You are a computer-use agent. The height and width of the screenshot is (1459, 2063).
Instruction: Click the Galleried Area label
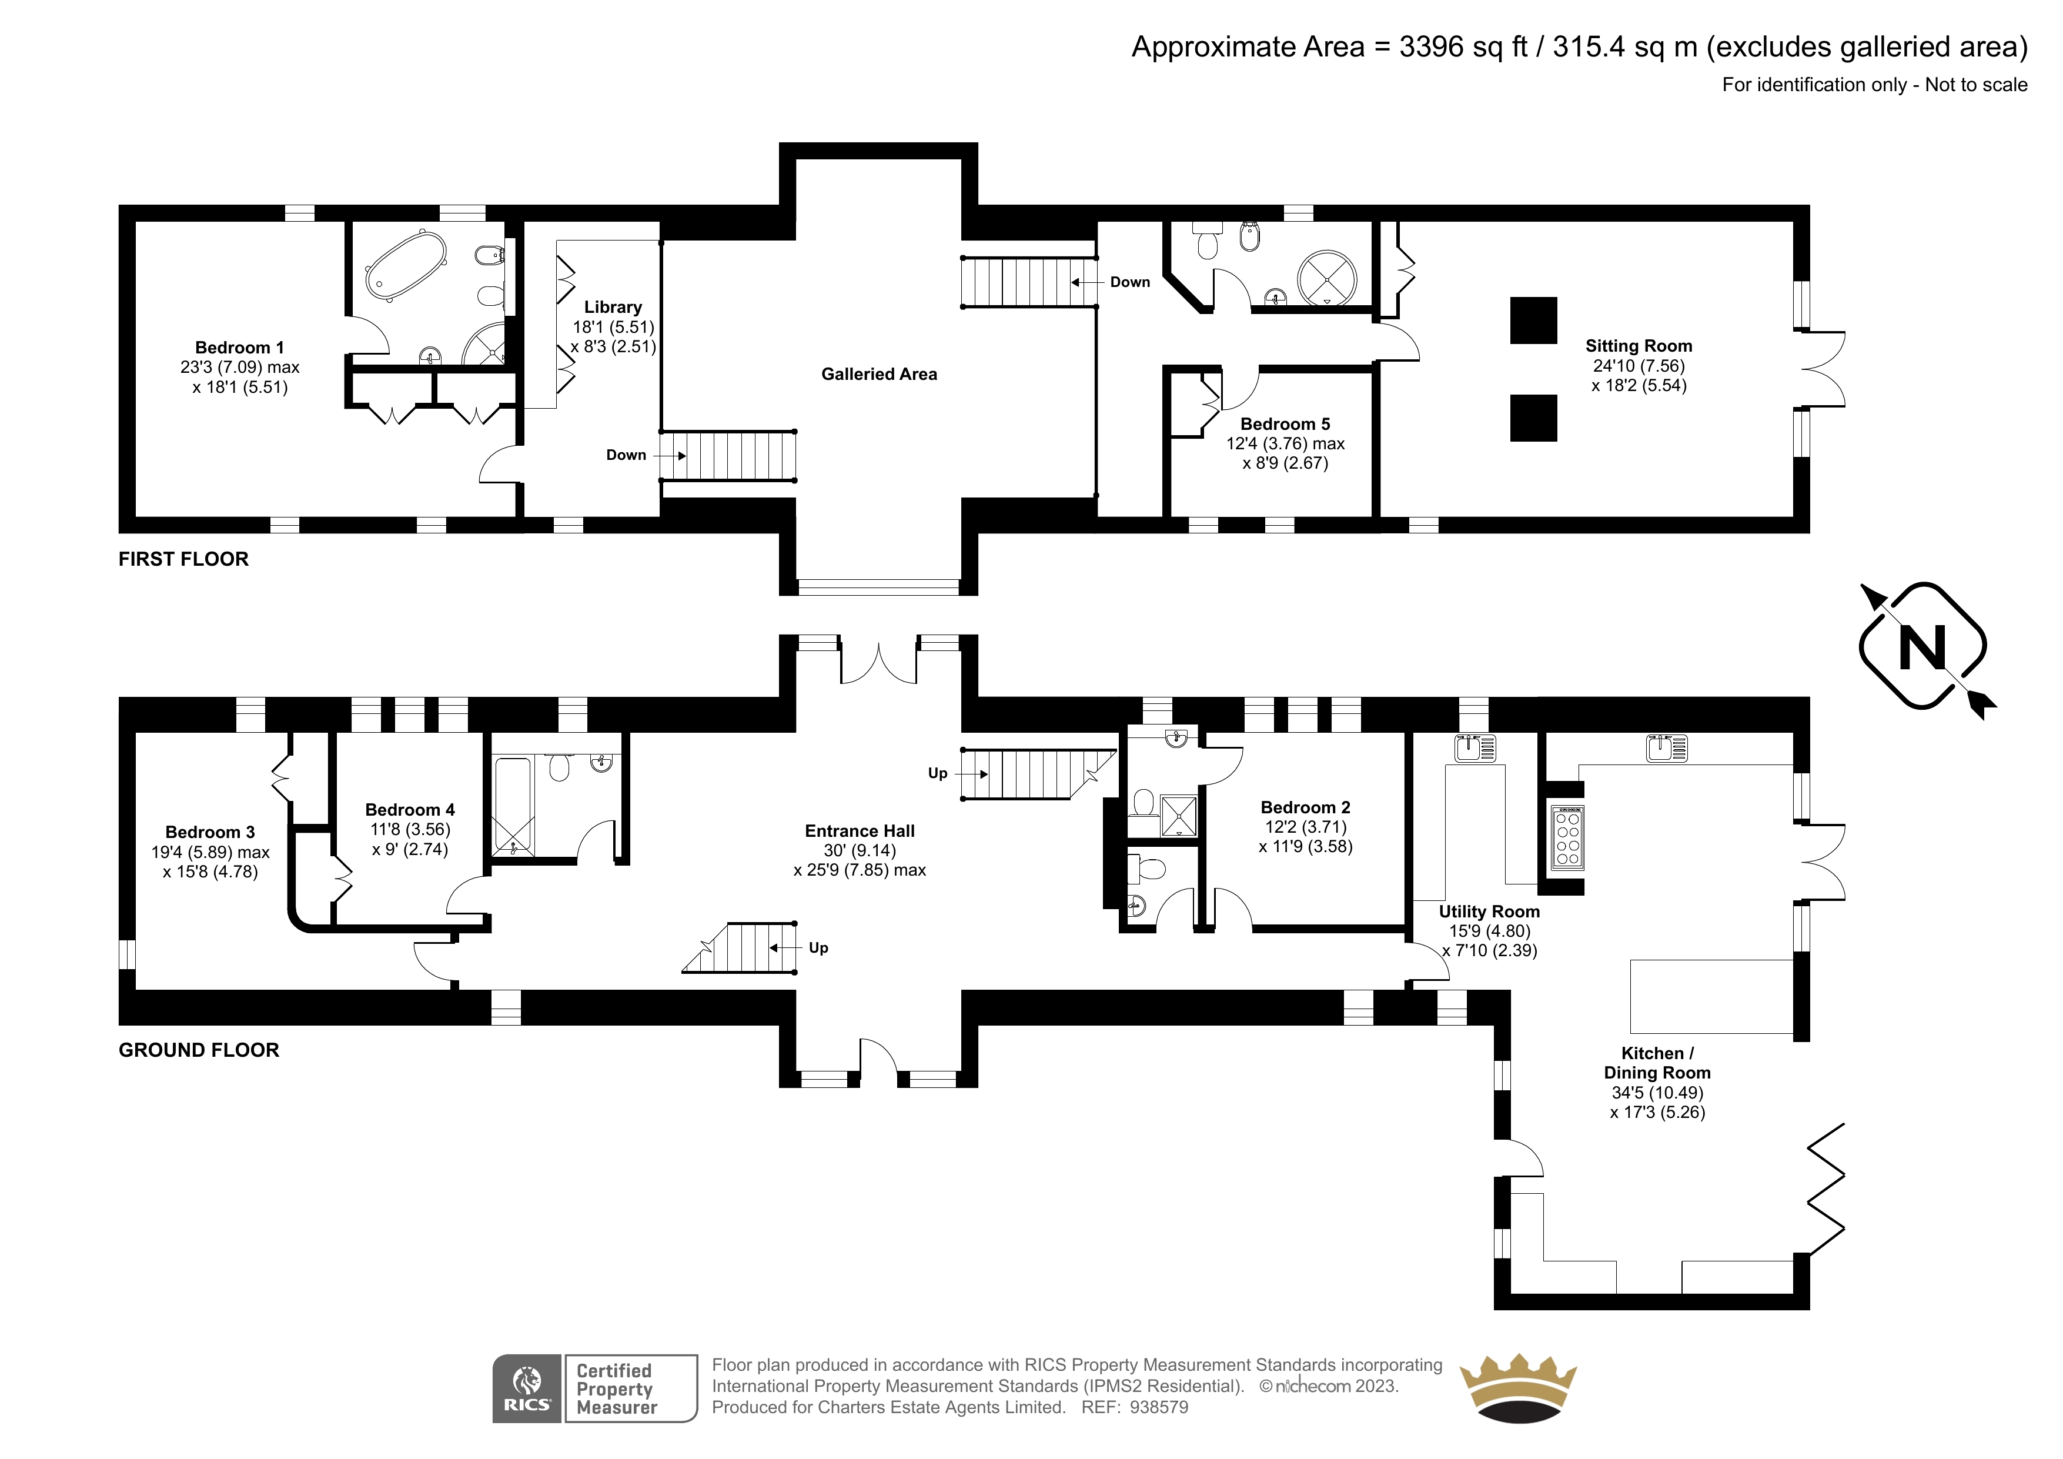pos(879,374)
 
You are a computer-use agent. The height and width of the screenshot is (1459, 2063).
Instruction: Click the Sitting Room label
pos(1639,346)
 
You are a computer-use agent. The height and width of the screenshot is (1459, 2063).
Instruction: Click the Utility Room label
pos(1489,912)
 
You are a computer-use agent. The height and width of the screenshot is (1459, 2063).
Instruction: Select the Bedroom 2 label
pos(1306,807)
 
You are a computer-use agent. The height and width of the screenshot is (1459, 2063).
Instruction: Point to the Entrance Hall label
pos(860,832)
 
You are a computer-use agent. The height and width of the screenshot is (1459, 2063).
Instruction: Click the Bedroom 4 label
pos(410,810)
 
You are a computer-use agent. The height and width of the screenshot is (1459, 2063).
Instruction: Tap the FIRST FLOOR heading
pos(183,559)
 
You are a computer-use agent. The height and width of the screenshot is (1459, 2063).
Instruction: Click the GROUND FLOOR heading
pos(199,1050)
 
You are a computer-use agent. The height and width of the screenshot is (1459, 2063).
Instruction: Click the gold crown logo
pos(1519,1389)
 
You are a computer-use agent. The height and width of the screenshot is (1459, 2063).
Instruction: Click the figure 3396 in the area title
pos(1432,46)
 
